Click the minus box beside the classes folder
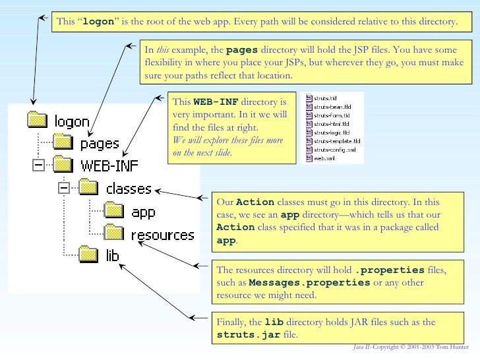[x=64, y=189]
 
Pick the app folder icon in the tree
[x=113, y=211]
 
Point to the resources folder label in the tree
[x=162, y=235]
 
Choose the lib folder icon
[x=88, y=253]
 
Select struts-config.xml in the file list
[x=334, y=150]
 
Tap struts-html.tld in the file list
[x=331, y=123]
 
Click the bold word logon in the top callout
[x=100, y=22]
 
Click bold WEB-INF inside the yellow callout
[x=216, y=102]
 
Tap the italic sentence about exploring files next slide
[x=227, y=146]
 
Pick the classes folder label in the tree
[x=129, y=189]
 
